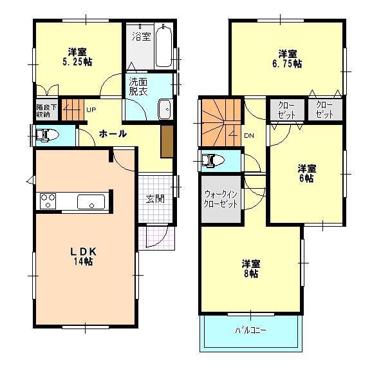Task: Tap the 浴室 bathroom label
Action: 142,37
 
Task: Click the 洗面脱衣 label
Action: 138,86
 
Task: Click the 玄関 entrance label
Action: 154,198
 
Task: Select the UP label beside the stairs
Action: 91,111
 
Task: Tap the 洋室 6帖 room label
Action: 306,173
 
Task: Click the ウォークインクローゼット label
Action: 221,198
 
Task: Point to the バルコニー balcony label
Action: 251,331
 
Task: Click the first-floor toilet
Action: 46,136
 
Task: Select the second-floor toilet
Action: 212,160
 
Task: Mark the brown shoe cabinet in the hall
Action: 167,141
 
